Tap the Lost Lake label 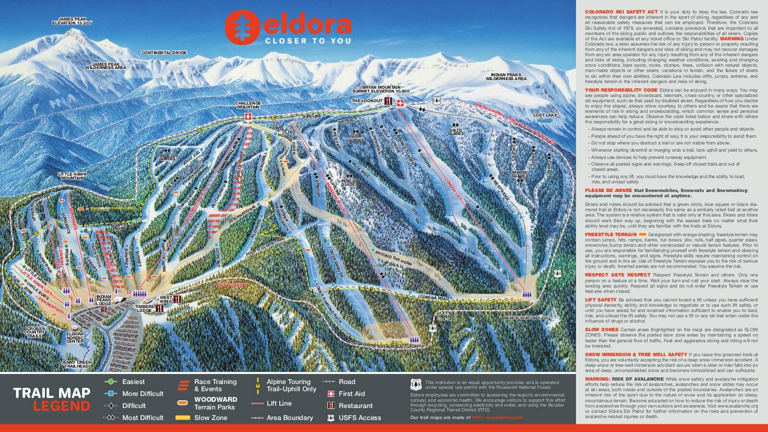pyautogui.click(x=545, y=115)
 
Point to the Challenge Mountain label pyautogui.click(x=248, y=106)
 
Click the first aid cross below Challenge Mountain pyautogui.click(x=248, y=118)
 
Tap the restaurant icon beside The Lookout pyautogui.click(x=388, y=101)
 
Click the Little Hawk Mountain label pyautogui.click(x=71, y=176)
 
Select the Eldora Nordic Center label pyautogui.click(x=75, y=337)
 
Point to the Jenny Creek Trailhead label pyautogui.click(x=75, y=364)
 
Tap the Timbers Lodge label pyautogui.click(x=144, y=308)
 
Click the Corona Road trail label pyautogui.click(x=433, y=298)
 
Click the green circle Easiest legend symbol pyautogui.click(x=111, y=382)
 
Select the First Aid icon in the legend pyautogui.click(x=330, y=394)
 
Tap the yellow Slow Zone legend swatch pyautogui.click(x=182, y=418)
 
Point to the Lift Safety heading pyautogui.click(x=600, y=300)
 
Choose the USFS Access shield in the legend pyautogui.click(x=330, y=418)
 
